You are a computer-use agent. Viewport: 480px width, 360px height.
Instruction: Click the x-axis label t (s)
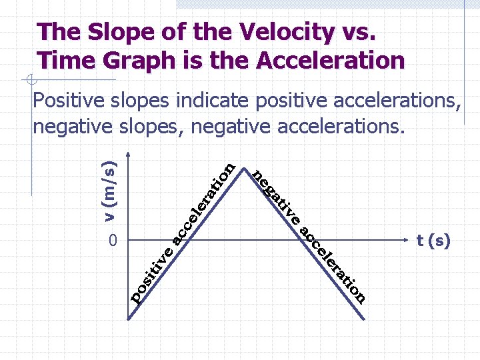[x=433, y=241]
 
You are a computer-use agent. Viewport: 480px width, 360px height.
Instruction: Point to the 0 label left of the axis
[x=114, y=241]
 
